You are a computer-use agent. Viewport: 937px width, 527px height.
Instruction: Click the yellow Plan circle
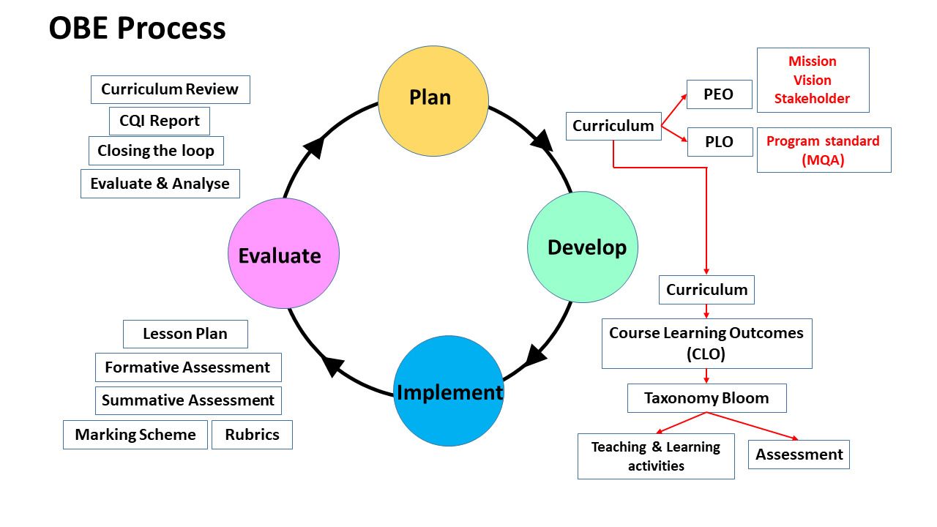tap(433, 100)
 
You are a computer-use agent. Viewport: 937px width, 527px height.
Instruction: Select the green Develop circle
tap(583, 247)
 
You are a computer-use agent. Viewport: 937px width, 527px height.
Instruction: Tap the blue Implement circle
tap(449, 391)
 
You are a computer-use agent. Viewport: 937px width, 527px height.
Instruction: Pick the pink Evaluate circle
tap(283, 253)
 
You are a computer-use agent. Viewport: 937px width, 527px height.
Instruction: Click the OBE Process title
tap(137, 29)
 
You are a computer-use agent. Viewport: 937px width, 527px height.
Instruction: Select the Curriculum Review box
tap(170, 89)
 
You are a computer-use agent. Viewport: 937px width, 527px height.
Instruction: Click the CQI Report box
tap(160, 121)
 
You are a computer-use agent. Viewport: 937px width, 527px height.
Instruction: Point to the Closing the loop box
tap(156, 151)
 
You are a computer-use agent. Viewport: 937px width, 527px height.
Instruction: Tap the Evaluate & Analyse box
tap(160, 184)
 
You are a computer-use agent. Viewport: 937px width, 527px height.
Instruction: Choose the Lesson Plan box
tap(185, 334)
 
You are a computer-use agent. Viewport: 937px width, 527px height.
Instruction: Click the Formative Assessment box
tap(187, 367)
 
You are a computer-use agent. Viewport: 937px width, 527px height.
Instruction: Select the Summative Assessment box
tap(188, 400)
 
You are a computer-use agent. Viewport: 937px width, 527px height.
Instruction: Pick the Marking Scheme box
tap(135, 435)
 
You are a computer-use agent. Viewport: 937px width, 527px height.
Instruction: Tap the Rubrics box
tap(252, 435)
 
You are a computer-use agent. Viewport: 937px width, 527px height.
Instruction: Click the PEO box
tap(719, 94)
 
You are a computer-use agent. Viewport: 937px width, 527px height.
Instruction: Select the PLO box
tap(720, 142)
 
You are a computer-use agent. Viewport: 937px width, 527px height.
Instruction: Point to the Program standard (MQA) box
tap(824, 151)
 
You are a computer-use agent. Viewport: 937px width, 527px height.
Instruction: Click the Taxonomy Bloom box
tap(706, 398)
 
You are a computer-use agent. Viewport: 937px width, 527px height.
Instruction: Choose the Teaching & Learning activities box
tap(656, 457)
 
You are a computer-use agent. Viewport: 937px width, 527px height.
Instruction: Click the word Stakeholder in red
tap(813, 99)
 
